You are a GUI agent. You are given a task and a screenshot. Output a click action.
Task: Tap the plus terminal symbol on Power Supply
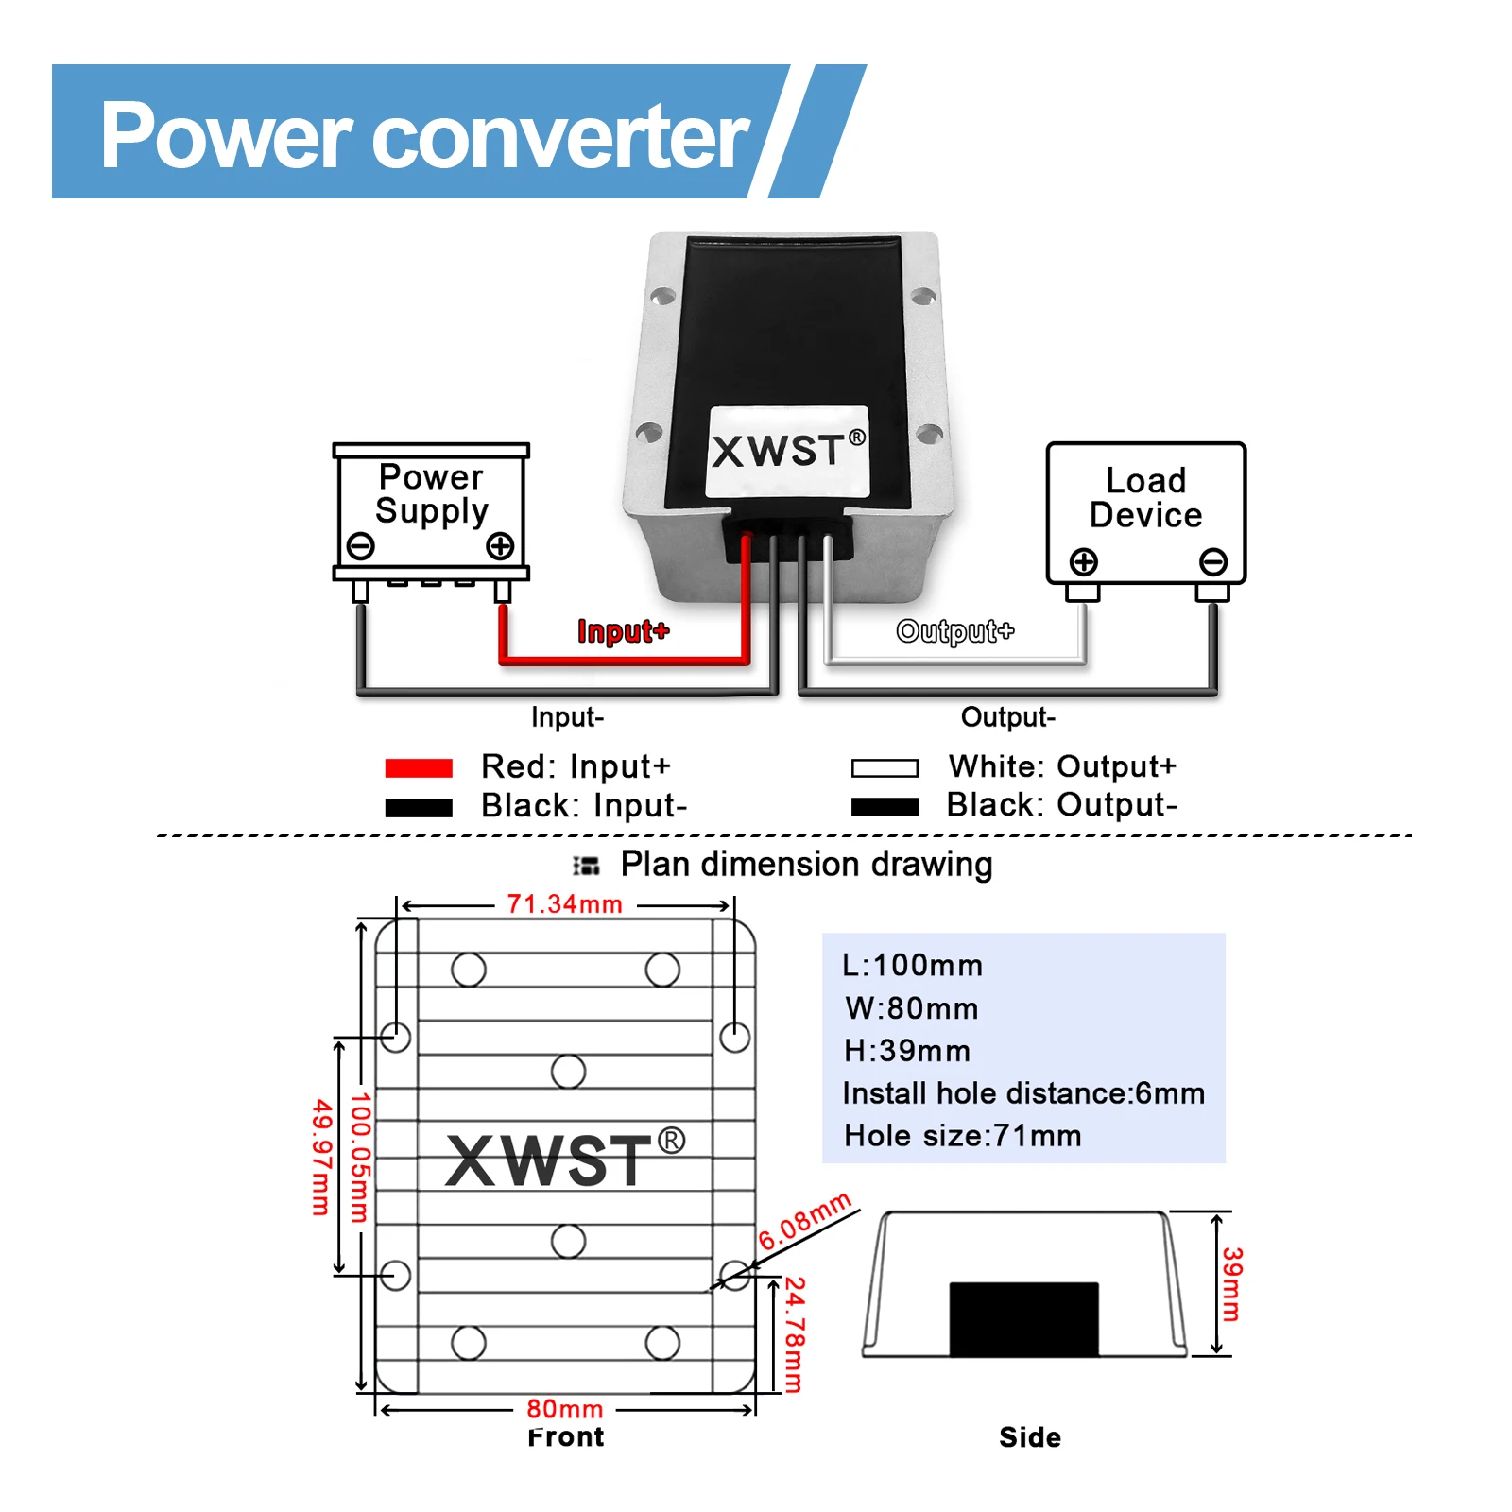point(500,545)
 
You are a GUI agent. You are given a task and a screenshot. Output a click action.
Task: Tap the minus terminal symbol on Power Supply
point(360,545)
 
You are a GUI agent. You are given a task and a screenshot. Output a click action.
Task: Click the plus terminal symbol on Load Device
point(1084,561)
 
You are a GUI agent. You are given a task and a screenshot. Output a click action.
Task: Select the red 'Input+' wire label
point(623,631)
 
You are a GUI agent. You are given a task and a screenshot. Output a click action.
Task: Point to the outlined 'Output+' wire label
point(954,631)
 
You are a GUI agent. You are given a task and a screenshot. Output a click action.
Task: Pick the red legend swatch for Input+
point(419,768)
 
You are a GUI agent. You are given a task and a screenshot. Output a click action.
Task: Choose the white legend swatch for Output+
point(885,768)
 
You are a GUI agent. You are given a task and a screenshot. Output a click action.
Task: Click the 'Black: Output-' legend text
point(1061,805)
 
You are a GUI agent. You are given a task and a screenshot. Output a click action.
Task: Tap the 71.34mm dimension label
point(564,904)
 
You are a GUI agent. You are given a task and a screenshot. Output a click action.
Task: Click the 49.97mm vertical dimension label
point(321,1157)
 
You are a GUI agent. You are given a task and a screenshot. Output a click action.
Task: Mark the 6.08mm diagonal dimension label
point(805,1221)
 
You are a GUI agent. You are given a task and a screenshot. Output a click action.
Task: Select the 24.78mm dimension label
point(795,1334)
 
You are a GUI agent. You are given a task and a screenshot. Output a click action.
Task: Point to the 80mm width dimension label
point(564,1409)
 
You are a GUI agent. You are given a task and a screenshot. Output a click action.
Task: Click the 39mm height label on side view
point(1231,1283)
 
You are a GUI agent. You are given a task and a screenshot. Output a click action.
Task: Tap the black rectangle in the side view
point(1023,1319)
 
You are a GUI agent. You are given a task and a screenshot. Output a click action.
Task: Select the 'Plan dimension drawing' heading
point(805,865)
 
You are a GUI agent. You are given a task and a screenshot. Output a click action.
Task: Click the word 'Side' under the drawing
point(1029,1437)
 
